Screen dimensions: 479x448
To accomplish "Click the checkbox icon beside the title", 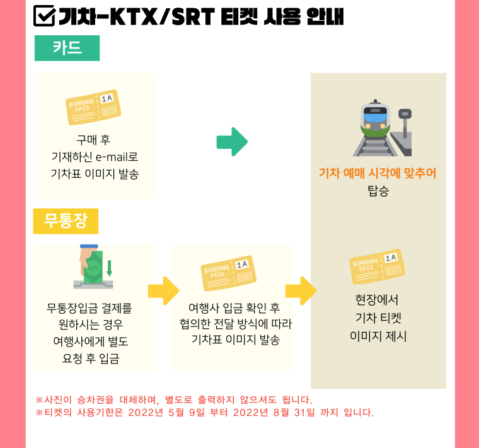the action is coord(44,16).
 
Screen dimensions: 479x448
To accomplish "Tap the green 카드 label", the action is coord(67,49).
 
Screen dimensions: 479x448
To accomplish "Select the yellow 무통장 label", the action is coord(66,221).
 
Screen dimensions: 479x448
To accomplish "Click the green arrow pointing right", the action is coord(232,142).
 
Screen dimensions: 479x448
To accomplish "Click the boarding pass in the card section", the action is coord(93,107).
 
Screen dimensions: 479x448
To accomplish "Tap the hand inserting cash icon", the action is coord(93,267).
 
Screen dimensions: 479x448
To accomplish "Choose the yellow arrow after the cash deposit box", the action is coord(163,290).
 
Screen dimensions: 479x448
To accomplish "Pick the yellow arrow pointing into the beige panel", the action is coord(301,290).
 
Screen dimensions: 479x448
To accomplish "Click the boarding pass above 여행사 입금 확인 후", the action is coord(229,273).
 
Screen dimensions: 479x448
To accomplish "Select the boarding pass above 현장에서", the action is coord(378,267).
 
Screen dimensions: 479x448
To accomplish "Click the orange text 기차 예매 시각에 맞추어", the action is coord(378,173).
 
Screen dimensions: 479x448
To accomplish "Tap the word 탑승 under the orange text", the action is coord(378,191).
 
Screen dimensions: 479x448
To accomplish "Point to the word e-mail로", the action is coord(117,157).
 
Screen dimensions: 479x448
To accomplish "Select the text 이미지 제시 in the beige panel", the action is coord(378,336).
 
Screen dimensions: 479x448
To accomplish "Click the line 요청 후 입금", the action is coord(90,359).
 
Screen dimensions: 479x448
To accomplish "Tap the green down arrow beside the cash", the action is coord(110,268).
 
